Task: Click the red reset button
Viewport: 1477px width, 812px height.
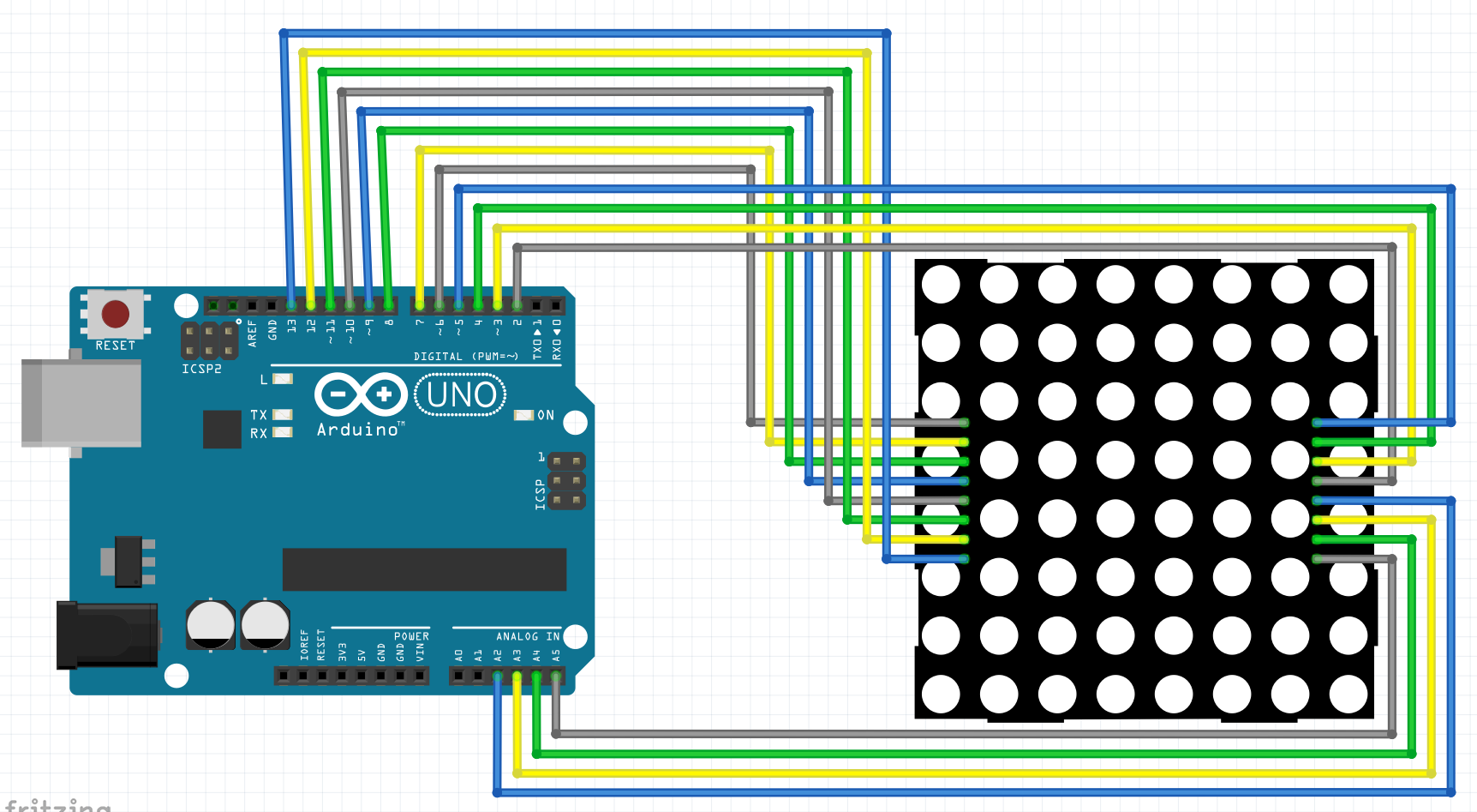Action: [x=116, y=314]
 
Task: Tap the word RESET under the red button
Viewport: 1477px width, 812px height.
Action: [x=116, y=346]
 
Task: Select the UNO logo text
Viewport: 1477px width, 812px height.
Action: [x=461, y=395]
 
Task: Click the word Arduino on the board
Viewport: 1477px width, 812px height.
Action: [x=358, y=430]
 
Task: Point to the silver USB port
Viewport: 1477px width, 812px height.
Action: [x=81, y=403]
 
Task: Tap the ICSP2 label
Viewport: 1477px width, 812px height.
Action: [x=201, y=369]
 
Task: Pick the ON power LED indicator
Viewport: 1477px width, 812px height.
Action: [x=523, y=415]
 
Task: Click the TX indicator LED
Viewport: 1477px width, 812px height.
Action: [x=282, y=415]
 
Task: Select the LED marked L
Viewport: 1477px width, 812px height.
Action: [x=282, y=379]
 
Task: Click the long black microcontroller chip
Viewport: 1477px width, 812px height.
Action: [x=424, y=569]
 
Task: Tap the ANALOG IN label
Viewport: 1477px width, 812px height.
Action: [x=528, y=636]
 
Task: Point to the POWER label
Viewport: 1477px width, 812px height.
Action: [x=411, y=636]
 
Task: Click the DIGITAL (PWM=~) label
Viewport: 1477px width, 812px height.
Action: [x=466, y=356]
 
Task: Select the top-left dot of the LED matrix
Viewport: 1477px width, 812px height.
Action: [x=941, y=285]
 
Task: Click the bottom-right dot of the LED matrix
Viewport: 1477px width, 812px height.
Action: [x=1348, y=694]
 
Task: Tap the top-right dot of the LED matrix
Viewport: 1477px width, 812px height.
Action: [x=1348, y=285]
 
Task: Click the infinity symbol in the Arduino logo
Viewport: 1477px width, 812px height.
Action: [x=361, y=394]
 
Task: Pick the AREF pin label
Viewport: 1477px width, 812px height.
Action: [x=253, y=332]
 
